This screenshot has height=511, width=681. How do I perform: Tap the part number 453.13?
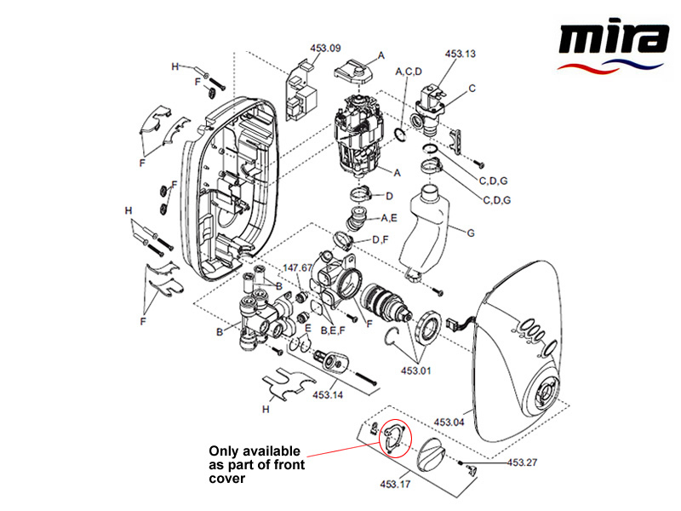tap(460, 54)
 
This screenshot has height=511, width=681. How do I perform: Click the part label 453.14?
tap(328, 395)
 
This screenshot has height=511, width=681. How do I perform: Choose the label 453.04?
tap(449, 422)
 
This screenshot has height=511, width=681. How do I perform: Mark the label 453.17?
tap(395, 486)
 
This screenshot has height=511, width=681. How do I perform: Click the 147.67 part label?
tap(298, 267)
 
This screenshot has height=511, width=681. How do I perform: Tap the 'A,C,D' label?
tap(409, 72)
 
